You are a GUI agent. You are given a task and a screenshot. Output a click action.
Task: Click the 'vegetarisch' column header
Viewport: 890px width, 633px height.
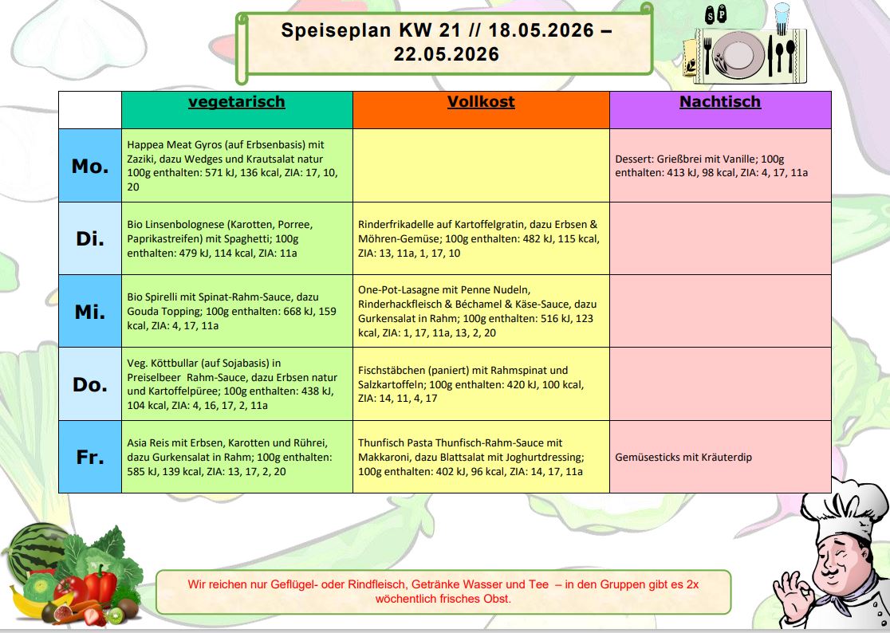236,102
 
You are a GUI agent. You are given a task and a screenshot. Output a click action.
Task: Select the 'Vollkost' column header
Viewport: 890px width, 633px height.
480,102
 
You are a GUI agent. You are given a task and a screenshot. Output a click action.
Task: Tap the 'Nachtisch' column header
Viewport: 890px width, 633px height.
719,102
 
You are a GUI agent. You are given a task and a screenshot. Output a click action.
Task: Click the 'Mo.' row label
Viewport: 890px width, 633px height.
89,166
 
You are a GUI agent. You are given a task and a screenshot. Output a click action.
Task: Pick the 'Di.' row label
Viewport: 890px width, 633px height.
89,238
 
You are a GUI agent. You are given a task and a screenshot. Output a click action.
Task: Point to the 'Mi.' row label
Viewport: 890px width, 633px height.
89,312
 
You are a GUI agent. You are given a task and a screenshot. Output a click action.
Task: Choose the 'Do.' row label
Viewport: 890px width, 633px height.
89,384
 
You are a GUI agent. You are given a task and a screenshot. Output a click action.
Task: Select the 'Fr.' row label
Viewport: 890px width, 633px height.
89,458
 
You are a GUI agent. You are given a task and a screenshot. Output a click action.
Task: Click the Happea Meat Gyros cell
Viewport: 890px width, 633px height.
236,166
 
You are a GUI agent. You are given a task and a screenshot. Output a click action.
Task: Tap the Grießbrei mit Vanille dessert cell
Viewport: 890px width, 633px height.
719,166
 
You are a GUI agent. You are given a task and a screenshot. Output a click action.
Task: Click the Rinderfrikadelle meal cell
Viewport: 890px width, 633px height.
480,238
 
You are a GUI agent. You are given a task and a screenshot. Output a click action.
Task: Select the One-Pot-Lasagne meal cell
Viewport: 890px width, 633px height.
480,311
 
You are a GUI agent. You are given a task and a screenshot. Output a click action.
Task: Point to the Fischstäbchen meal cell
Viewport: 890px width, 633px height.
480,384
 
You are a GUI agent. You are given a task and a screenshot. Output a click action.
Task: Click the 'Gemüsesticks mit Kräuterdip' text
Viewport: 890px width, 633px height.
683,458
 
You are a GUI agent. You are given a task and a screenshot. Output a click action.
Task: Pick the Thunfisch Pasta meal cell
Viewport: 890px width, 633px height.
480,458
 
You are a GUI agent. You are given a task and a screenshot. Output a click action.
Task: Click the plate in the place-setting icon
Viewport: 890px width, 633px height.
739,54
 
